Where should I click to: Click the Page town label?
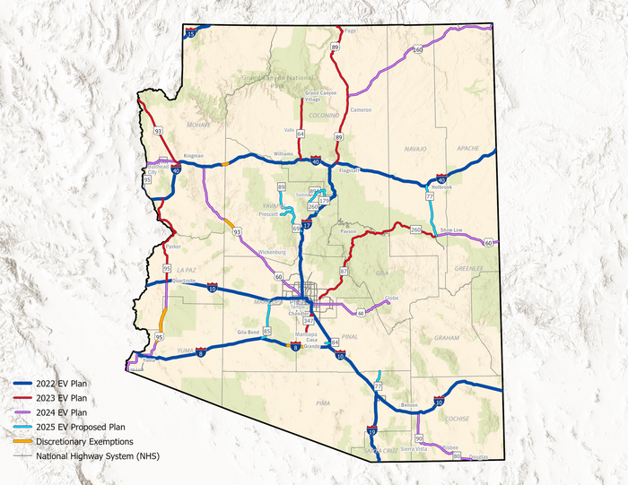coord(351,30)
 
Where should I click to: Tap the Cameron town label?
coord(361,109)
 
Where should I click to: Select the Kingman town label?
coord(194,156)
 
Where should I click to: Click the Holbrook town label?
coord(441,187)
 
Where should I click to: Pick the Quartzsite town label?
coord(183,281)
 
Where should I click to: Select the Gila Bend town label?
coord(249,332)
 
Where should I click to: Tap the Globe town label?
coord(391,298)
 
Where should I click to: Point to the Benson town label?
coord(409,405)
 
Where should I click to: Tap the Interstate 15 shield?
coord(192,31)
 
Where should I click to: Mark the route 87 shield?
coord(344,270)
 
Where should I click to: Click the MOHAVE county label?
coord(198,126)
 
